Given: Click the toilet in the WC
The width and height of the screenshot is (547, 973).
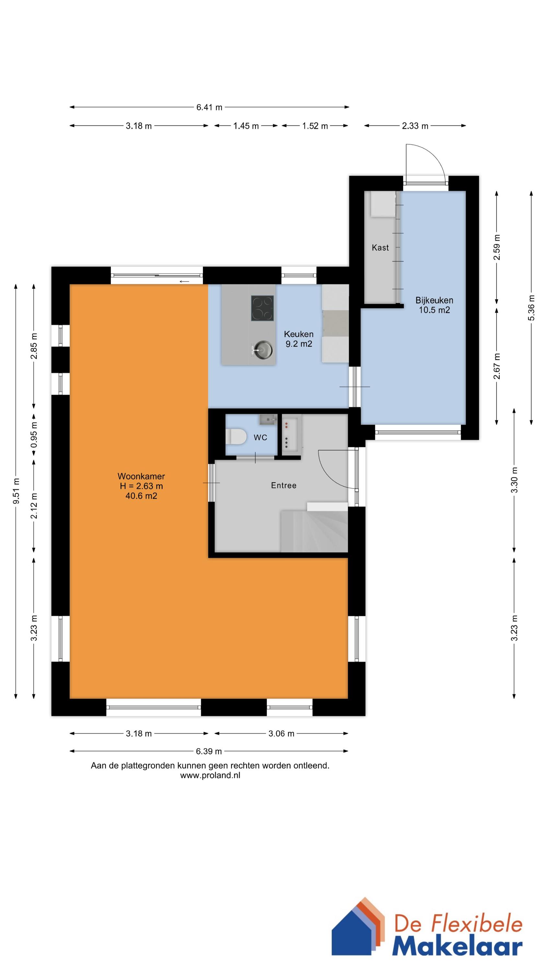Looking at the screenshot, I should (234, 437).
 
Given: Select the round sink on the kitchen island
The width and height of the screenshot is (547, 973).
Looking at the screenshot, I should (263, 349).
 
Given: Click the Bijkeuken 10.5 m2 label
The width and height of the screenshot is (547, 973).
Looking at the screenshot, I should (434, 305).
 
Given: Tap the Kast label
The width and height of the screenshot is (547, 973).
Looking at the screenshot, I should (380, 248).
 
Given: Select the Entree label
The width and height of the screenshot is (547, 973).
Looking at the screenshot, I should (284, 486).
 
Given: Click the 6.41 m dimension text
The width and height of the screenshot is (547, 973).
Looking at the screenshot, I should (209, 107).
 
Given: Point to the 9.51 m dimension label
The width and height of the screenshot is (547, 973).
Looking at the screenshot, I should (16, 491).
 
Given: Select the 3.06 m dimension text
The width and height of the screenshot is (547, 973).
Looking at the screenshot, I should (281, 734).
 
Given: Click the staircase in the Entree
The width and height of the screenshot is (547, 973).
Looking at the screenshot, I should (313, 531).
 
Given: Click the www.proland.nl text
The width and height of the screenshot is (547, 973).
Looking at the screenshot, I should (210, 775).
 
